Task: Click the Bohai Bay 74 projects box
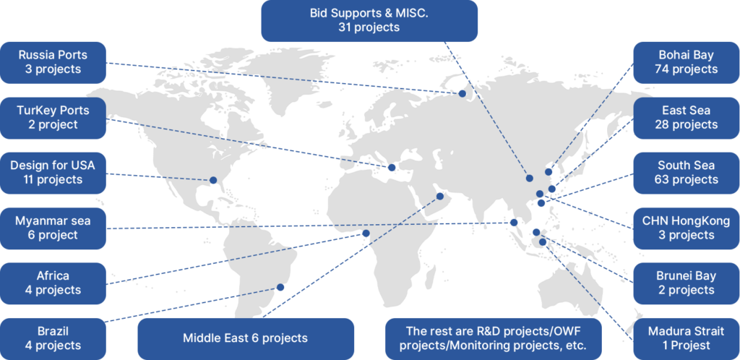tap(687, 62)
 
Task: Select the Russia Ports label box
tap(54, 62)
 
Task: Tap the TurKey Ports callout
tap(54, 118)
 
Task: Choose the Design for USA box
tap(54, 173)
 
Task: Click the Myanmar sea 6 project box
tap(54, 228)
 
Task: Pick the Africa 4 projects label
tap(54, 283)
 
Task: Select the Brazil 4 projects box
tap(54, 338)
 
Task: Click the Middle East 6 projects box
tap(245, 338)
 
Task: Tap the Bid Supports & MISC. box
tap(369, 20)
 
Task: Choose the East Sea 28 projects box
tap(687, 118)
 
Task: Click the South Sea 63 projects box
tap(687, 173)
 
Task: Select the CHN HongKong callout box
tap(687, 228)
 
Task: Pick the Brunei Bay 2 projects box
tap(687, 283)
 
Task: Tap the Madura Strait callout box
tap(687, 338)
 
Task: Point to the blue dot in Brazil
tap(280, 287)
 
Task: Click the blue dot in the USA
tap(213, 180)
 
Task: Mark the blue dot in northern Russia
tap(462, 93)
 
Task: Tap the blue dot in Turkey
tap(392, 168)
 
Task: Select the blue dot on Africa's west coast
tap(366, 233)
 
